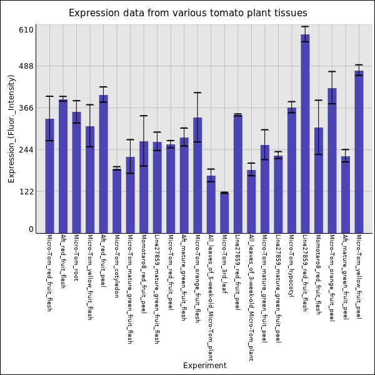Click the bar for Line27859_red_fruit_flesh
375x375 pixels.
point(305,134)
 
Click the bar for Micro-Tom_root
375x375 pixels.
point(76,172)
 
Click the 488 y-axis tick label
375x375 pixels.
point(26,66)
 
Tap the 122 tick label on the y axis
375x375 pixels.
point(26,191)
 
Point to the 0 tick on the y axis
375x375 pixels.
point(31,229)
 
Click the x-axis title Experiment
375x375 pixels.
point(204,366)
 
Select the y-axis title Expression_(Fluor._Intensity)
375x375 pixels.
point(11,128)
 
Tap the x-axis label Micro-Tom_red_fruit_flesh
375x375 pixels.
point(49,272)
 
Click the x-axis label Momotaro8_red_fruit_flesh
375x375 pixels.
point(318,274)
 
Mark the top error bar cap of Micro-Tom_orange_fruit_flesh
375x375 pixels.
point(197,92)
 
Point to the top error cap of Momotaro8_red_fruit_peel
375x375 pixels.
point(144,116)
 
